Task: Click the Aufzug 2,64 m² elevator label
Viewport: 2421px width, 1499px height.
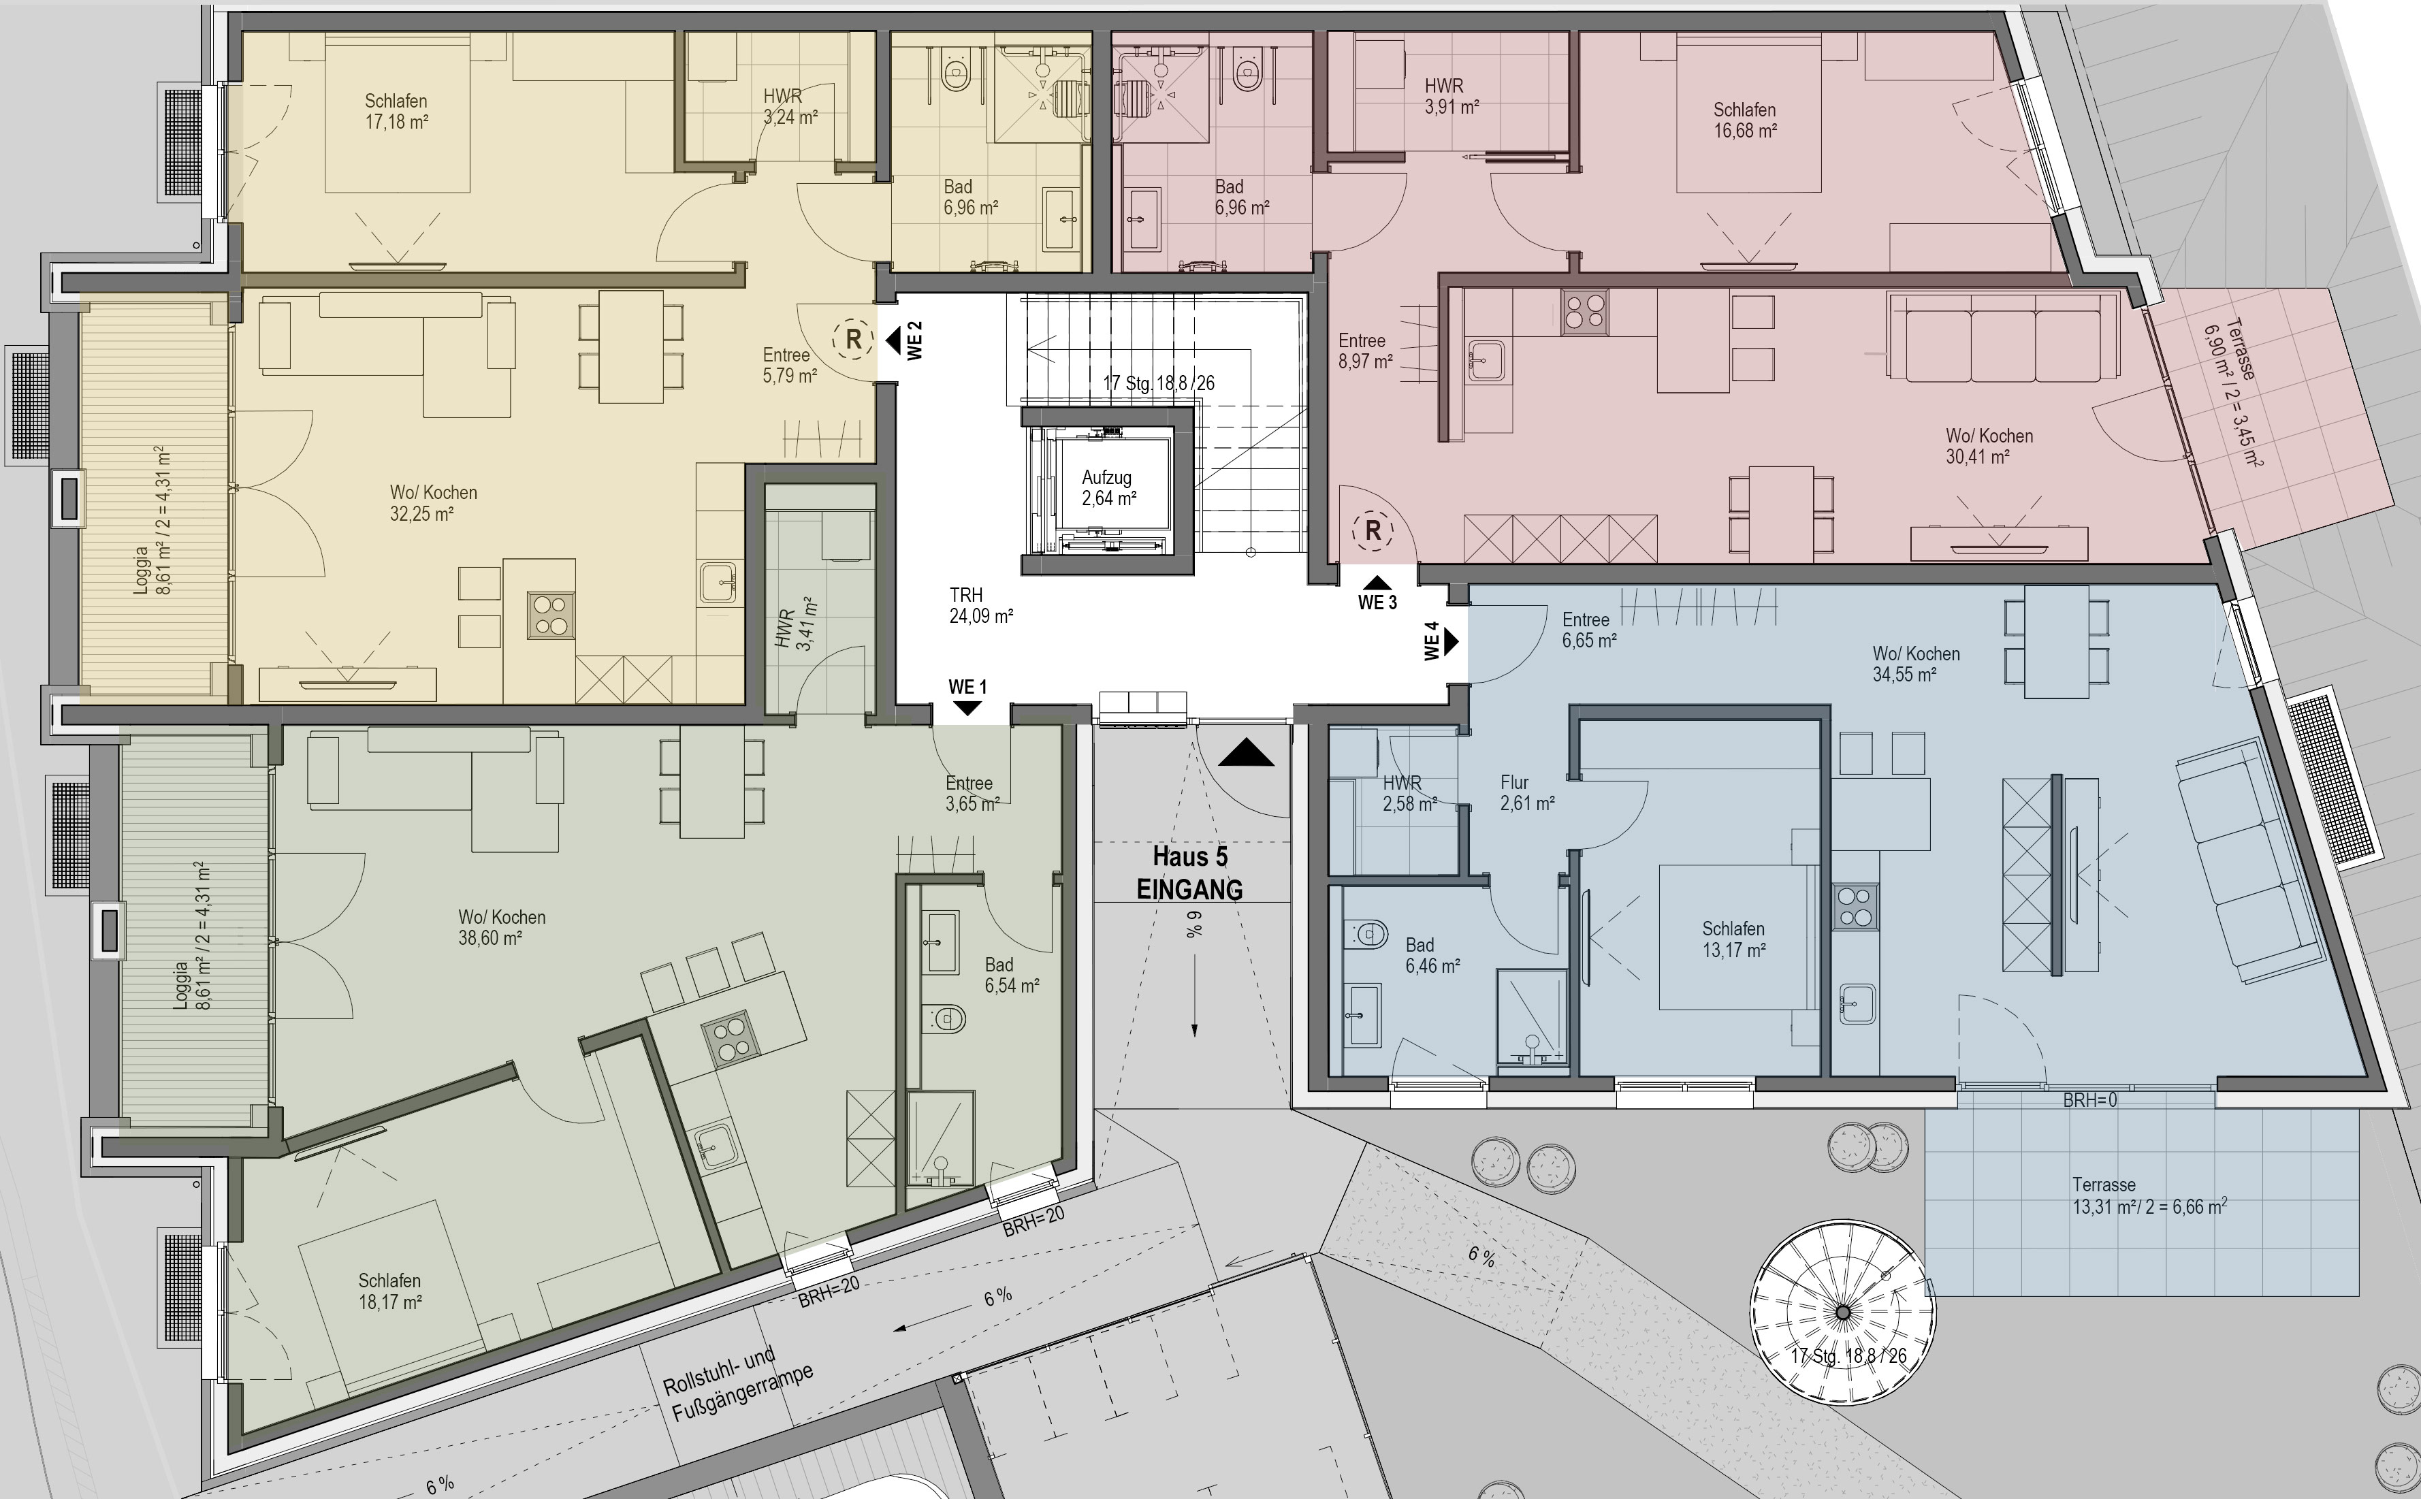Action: (x=1108, y=488)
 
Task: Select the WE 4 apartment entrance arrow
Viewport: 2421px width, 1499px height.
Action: (x=1452, y=641)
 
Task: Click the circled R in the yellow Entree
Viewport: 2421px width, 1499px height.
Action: (x=852, y=339)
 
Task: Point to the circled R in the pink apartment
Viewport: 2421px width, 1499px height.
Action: (x=1373, y=532)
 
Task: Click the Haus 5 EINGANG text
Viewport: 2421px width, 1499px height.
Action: (x=1189, y=873)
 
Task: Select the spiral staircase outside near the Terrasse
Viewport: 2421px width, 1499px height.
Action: (x=1843, y=1312)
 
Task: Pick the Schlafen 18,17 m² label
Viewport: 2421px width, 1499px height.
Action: (x=391, y=1291)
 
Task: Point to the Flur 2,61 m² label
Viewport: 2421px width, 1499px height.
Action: (x=1527, y=793)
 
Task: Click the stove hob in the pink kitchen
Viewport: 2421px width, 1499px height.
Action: (x=1584, y=311)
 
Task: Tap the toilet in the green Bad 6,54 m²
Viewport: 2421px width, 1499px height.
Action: (x=943, y=1018)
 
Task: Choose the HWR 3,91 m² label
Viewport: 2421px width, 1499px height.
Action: (x=1452, y=96)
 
